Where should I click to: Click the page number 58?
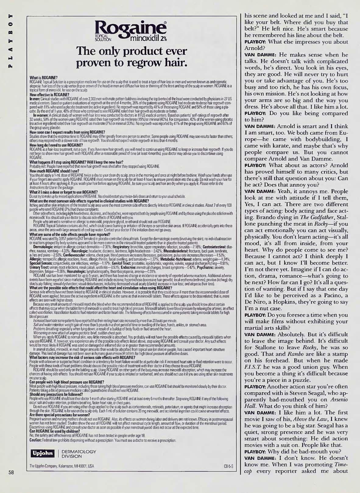click(11, 481)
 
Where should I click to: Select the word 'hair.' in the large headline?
click(174, 63)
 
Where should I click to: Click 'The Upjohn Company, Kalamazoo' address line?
click(62, 474)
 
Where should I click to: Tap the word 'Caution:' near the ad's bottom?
click(36, 440)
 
